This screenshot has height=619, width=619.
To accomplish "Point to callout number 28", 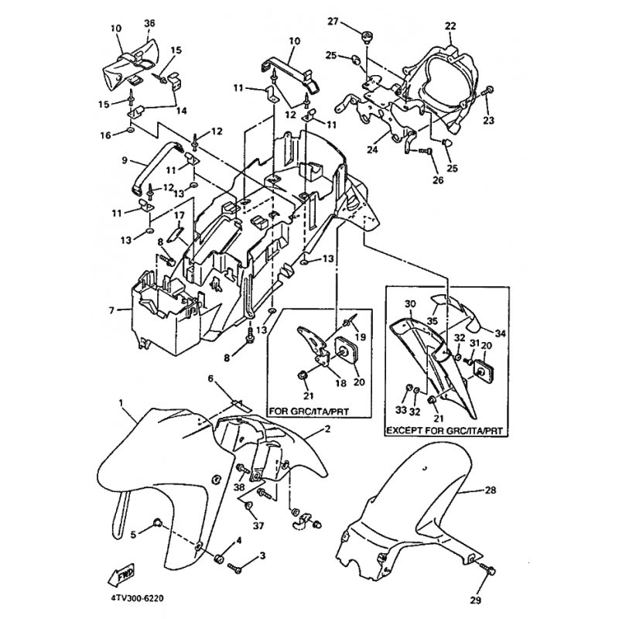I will coord(490,491).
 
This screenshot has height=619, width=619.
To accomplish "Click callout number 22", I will coord(449,26).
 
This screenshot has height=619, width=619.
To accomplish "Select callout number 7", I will coord(113,310).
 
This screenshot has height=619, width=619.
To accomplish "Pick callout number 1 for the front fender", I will coord(121,403).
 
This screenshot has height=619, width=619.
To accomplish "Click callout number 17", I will coord(177,214).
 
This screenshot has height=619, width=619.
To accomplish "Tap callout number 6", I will coord(209,378).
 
